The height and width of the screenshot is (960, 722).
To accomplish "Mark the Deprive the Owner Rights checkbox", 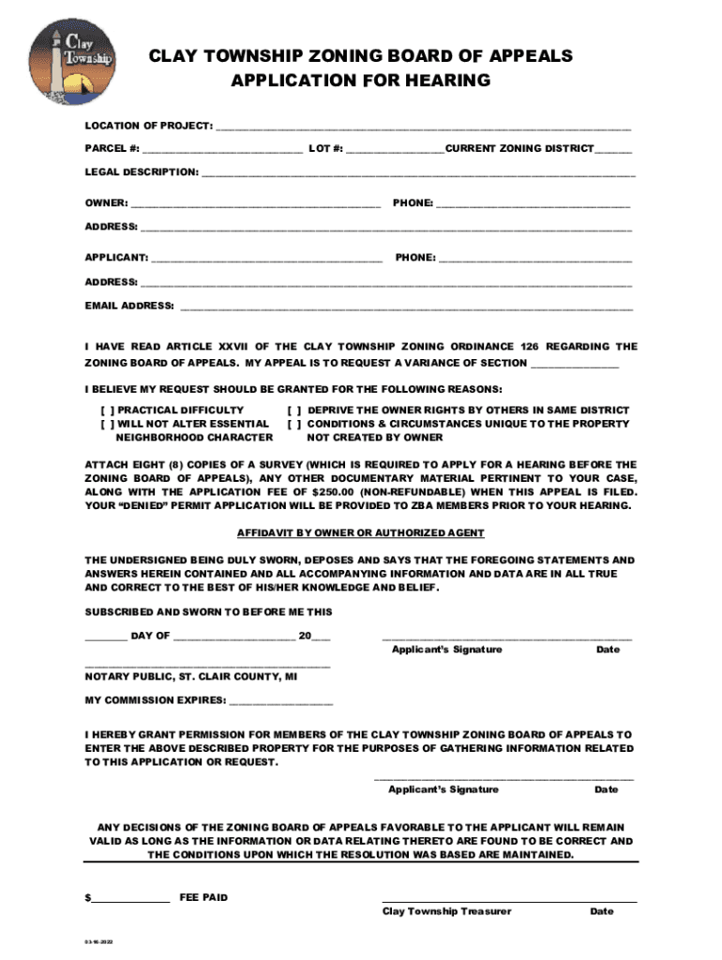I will tap(293, 411).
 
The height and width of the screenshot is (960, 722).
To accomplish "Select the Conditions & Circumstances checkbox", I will tap(293, 424).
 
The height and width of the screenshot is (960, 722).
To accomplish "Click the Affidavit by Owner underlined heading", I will tap(360, 532).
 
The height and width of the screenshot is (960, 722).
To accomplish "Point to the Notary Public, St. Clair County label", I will tap(191, 676).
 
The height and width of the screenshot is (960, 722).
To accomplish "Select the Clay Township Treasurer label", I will tap(446, 911).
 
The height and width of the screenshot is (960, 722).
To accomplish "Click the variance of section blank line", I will tap(575, 365).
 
